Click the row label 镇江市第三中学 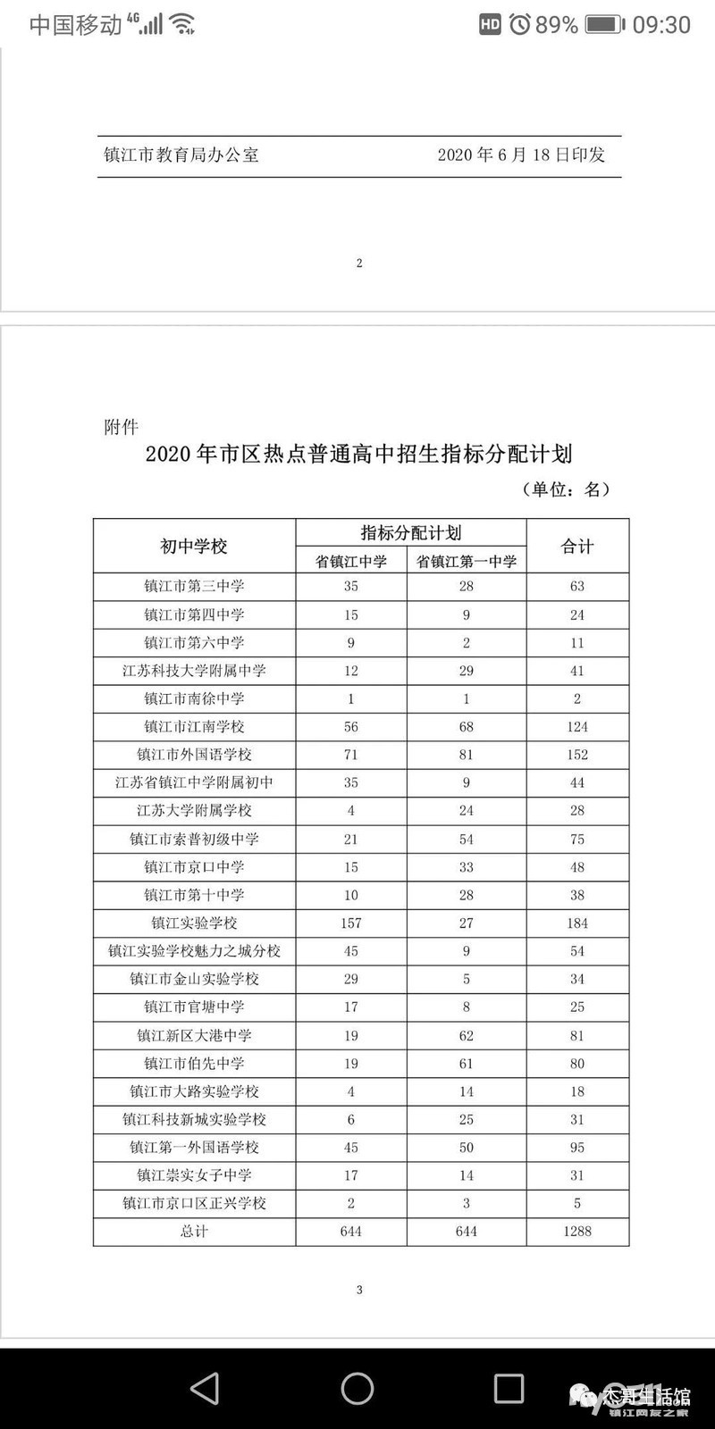[194, 587]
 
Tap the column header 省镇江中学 [351, 562]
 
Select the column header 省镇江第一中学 [467, 562]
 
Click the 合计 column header [577, 547]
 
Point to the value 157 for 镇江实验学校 [351, 923]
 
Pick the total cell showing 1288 [577, 1232]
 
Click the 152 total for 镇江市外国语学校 [577, 755]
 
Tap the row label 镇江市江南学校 [194, 727]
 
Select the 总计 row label [194, 1232]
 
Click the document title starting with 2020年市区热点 [358, 454]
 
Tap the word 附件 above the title [122, 427]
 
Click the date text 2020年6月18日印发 [521, 155]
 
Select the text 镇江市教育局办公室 [181, 155]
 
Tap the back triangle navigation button [205, 1388]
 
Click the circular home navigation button [357, 1388]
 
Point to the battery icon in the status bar [605, 24]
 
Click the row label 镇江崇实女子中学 [194, 1175]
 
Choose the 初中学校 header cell [194, 547]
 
